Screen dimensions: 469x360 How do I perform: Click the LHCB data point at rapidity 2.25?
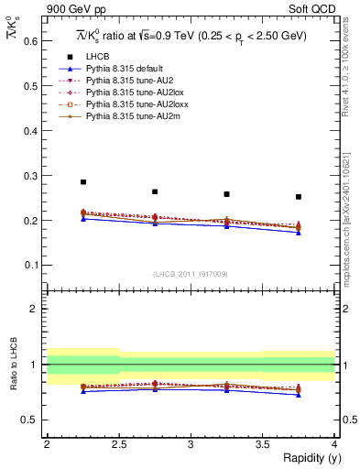pyautogui.click(x=82, y=182)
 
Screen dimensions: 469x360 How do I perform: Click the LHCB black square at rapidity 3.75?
pyautogui.click(x=299, y=197)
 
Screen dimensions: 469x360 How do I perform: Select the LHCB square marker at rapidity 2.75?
pyautogui.click(x=155, y=191)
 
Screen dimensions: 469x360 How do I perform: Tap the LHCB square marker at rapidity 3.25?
pyautogui.click(x=226, y=194)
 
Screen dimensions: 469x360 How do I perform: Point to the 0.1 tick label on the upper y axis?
pyautogui.click(x=30, y=266)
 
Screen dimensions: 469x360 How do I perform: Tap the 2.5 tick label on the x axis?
pyautogui.click(x=118, y=443)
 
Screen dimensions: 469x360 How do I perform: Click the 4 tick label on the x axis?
pyautogui.click(x=334, y=443)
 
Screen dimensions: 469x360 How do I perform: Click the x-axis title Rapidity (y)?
pyautogui.click(x=305, y=458)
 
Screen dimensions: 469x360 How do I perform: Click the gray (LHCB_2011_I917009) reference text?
pyautogui.click(x=190, y=274)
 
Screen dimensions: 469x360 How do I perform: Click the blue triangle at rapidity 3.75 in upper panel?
pyautogui.click(x=299, y=233)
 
